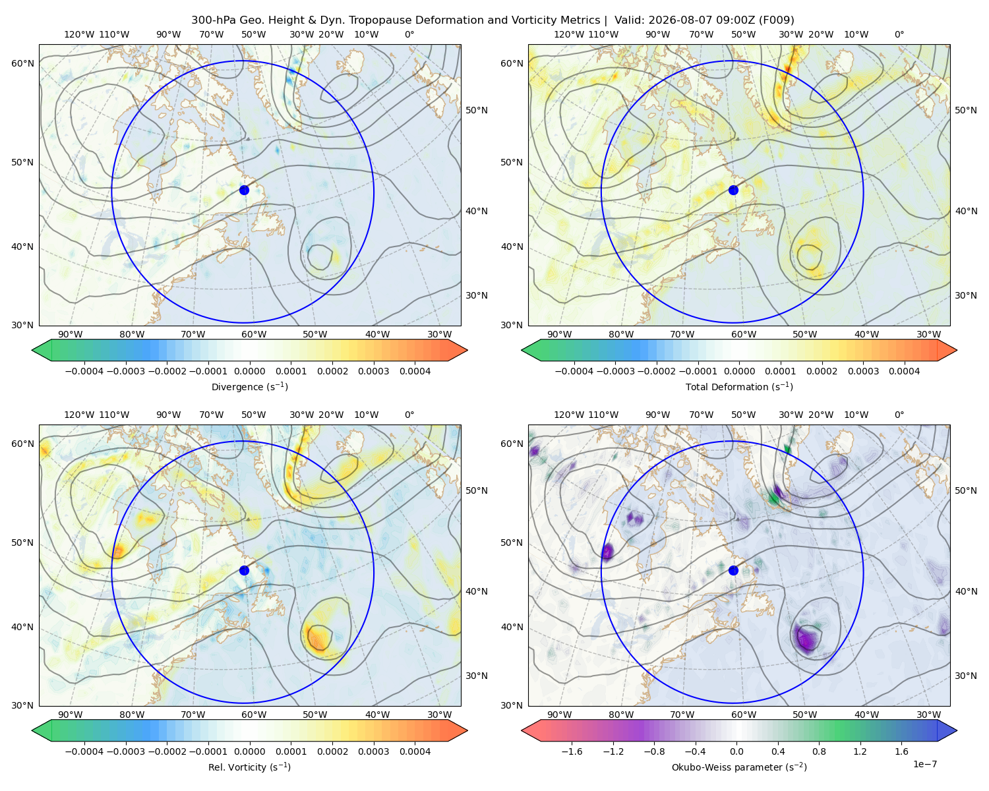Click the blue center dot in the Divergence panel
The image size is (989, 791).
tap(244, 190)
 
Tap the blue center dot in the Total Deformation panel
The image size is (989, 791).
tap(733, 190)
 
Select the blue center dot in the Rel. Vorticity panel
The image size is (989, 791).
tap(244, 570)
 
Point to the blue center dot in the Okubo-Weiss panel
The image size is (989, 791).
tap(733, 570)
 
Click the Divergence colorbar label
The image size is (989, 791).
tap(249, 386)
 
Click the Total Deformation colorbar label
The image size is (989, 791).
tap(739, 386)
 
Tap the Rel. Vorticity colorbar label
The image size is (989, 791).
tap(249, 767)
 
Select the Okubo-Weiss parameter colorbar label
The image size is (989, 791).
tap(739, 767)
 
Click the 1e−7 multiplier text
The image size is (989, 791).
tap(924, 764)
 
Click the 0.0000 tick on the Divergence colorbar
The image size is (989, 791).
tap(249, 371)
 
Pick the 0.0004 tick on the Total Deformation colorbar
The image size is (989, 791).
tap(905, 371)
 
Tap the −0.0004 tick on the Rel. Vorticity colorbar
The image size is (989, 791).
tap(84, 751)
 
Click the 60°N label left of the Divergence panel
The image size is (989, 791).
tap(22, 63)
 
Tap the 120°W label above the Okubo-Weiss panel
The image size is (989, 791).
tap(568, 415)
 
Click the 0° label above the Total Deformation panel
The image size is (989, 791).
tap(899, 34)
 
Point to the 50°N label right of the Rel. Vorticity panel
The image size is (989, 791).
tap(477, 490)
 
